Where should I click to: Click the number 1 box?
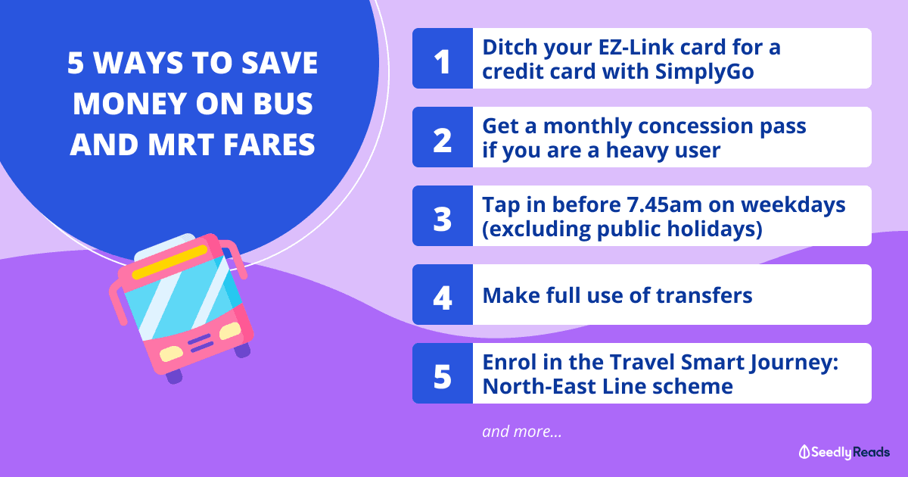tap(443, 58)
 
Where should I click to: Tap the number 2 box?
tap(443, 137)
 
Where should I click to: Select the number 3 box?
tap(443, 216)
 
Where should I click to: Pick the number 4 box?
tap(443, 295)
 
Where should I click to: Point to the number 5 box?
tap(443, 373)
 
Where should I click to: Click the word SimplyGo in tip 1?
tap(704, 73)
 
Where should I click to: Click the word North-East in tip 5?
tap(540, 386)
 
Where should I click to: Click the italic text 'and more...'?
tap(522, 431)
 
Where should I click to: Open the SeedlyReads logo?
tap(844, 452)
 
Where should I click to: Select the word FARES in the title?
tap(269, 145)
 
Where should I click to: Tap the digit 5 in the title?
tap(76, 63)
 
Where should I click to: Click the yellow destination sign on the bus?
tap(170, 262)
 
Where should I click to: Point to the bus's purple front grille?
tap(201, 343)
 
